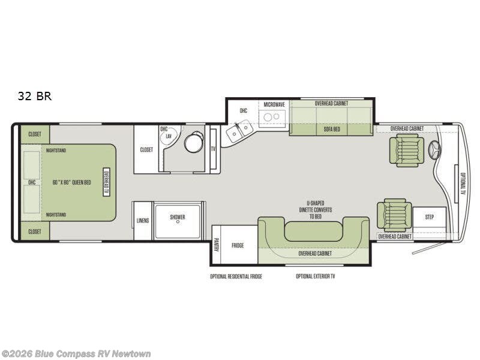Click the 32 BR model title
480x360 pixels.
35,96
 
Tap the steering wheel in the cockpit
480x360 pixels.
434,151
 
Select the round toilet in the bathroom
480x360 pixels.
194,142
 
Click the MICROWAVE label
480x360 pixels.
274,104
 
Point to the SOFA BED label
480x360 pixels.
332,129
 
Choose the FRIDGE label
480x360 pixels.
238,245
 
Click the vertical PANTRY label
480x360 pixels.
217,245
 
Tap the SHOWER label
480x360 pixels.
178,217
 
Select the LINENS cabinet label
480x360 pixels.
143,220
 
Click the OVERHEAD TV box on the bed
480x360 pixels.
106,182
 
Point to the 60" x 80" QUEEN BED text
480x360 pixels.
71,182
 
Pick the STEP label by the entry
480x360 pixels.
429,217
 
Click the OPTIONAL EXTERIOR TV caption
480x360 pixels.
316,277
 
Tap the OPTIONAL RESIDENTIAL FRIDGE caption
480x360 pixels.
236,277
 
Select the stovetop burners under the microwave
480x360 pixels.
272,116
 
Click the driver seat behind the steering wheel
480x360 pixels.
407,151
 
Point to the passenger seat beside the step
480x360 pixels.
395,215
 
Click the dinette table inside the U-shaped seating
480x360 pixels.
313,231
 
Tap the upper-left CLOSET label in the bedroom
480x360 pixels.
35,134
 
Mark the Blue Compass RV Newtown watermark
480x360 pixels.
76,354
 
